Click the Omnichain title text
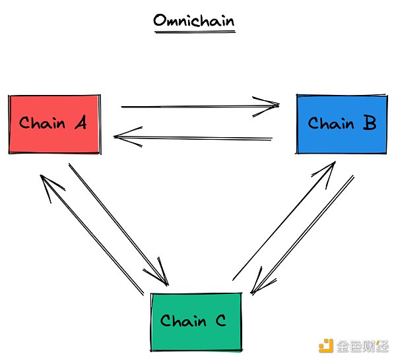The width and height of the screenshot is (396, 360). tap(193, 20)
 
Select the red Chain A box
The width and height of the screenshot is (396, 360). tap(55, 124)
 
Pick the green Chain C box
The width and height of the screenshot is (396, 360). tap(196, 321)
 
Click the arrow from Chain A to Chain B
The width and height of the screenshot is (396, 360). tap(198, 105)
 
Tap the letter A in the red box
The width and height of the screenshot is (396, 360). tap(80, 123)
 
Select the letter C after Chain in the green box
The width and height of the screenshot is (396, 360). tap(221, 321)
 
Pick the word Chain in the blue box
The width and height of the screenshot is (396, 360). tap(330, 123)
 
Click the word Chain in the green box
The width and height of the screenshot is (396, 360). tap(183, 321)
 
